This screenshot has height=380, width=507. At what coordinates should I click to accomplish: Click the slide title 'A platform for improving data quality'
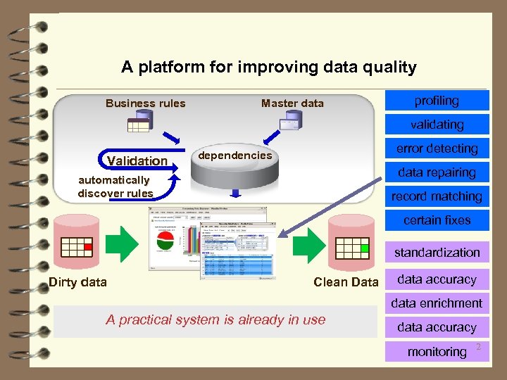[268, 68]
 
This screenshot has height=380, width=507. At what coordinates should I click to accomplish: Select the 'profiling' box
[437, 101]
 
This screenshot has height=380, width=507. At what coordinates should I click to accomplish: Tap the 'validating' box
[437, 125]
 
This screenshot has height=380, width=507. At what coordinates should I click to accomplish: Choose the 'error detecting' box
[437, 148]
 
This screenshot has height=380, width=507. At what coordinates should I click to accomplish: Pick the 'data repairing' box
[437, 172]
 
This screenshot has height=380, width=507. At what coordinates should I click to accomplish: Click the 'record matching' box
[437, 196]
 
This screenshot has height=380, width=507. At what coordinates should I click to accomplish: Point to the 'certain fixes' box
[437, 220]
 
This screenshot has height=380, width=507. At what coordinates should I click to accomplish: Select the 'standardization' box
[437, 252]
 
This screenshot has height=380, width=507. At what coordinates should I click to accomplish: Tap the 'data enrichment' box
[437, 303]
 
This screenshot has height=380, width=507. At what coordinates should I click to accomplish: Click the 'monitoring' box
[437, 351]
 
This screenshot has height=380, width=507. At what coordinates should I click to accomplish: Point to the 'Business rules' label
[146, 103]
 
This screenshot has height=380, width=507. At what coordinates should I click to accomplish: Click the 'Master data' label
[292, 103]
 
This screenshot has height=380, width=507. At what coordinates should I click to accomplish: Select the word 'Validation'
[137, 160]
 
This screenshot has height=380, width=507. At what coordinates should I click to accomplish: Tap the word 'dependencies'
[235, 155]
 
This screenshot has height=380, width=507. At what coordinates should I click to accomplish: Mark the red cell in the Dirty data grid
[88, 247]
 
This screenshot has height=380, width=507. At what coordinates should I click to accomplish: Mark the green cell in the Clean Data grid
[364, 248]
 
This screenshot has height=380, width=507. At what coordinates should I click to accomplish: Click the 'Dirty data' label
[78, 282]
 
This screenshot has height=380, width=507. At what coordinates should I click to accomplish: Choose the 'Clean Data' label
[346, 282]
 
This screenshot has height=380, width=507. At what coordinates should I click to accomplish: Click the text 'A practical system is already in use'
[215, 319]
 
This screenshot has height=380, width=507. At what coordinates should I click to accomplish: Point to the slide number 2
[478, 347]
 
